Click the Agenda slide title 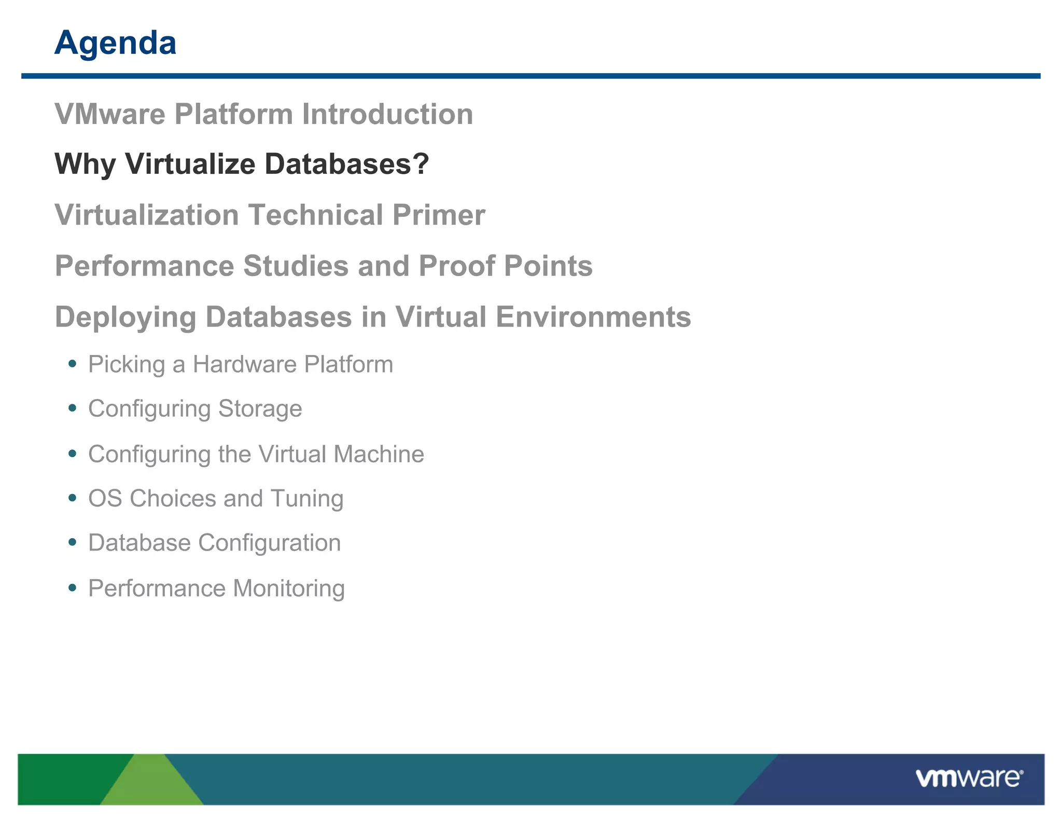pyautogui.click(x=115, y=43)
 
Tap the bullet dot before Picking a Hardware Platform pyautogui.click(x=73, y=364)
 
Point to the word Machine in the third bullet pyautogui.click(x=379, y=454)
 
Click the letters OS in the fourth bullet pyautogui.click(x=105, y=499)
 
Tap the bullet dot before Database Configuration pyautogui.click(x=73, y=543)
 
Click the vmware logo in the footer pyautogui.click(x=968, y=778)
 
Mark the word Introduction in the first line pyautogui.click(x=387, y=114)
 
